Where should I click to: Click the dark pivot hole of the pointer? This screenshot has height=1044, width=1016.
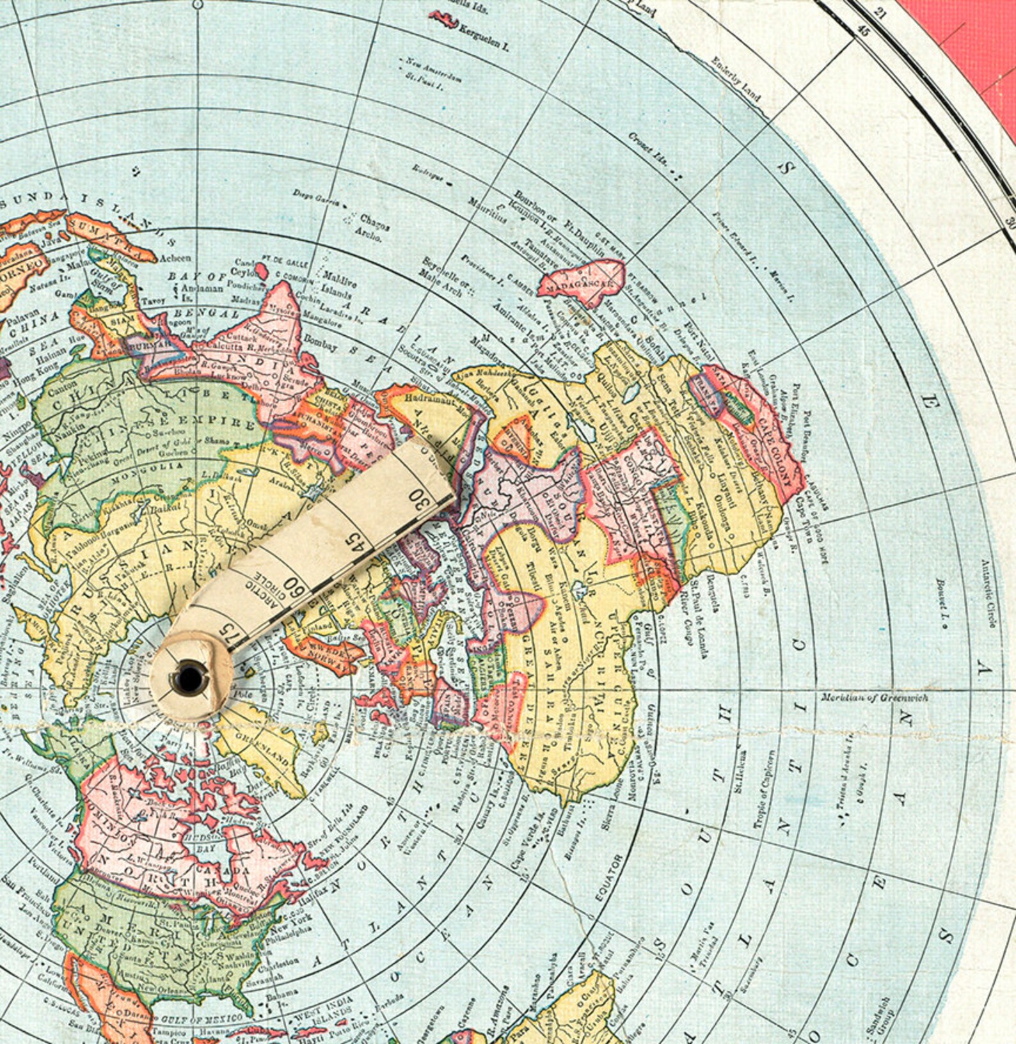coord(189,676)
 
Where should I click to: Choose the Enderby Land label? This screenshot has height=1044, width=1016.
coord(736,79)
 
